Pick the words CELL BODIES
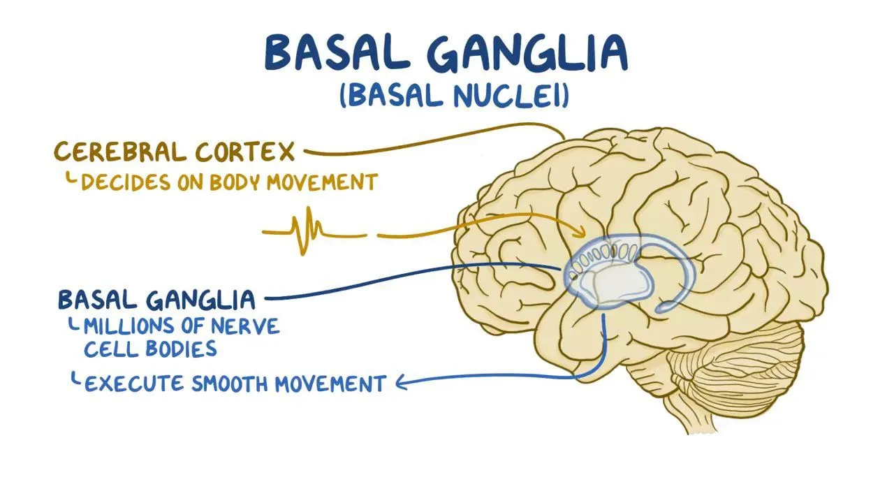pos(150,349)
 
